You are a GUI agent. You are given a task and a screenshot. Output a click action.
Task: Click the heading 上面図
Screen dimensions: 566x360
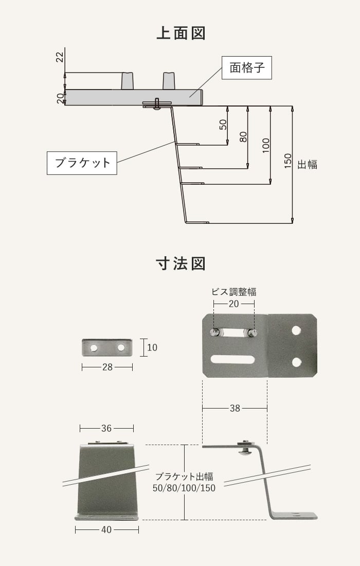coord(181,33)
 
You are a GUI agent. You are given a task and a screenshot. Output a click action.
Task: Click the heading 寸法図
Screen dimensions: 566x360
coord(181,264)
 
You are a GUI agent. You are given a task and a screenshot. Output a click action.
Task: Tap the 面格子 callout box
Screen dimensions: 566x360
coord(246,67)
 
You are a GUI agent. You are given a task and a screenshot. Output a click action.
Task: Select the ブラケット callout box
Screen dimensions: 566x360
coord(82,163)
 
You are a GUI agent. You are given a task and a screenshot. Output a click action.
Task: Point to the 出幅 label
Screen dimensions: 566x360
coord(307,165)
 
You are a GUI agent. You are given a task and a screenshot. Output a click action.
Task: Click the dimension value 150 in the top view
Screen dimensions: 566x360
coord(287,161)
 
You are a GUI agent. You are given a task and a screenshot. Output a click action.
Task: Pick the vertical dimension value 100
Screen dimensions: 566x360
coord(265,146)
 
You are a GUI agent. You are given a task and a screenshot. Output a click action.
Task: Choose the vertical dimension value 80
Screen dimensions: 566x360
coord(243,137)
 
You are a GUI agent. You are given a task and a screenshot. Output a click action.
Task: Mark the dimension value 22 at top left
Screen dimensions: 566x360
coord(60,57)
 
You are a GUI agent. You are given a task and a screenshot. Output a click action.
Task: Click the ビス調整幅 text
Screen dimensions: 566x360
coord(234,292)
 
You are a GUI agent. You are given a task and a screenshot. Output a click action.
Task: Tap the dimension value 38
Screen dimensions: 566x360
coord(235,409)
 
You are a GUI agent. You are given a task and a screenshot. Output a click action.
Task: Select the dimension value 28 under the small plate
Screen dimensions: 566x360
coord(107,367)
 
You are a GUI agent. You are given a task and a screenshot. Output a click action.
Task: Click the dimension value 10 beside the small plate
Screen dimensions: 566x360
coord(152,348)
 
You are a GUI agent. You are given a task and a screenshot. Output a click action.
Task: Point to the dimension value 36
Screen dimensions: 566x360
coord(106,428)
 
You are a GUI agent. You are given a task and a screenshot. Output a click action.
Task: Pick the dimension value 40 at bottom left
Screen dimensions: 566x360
coord(106,529)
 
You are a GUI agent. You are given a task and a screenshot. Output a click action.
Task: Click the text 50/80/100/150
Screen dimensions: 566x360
coord(184,488)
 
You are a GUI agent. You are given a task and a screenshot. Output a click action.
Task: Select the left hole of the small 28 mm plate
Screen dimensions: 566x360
coord(94,348)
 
